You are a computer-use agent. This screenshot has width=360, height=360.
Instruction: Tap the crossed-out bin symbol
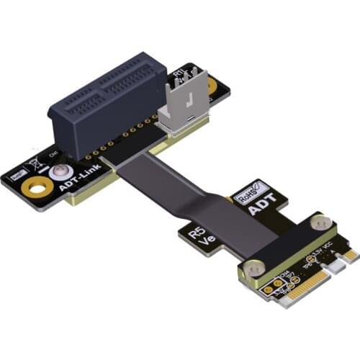pos(33,163)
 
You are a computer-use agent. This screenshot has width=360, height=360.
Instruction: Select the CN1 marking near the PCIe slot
pos(52,154)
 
